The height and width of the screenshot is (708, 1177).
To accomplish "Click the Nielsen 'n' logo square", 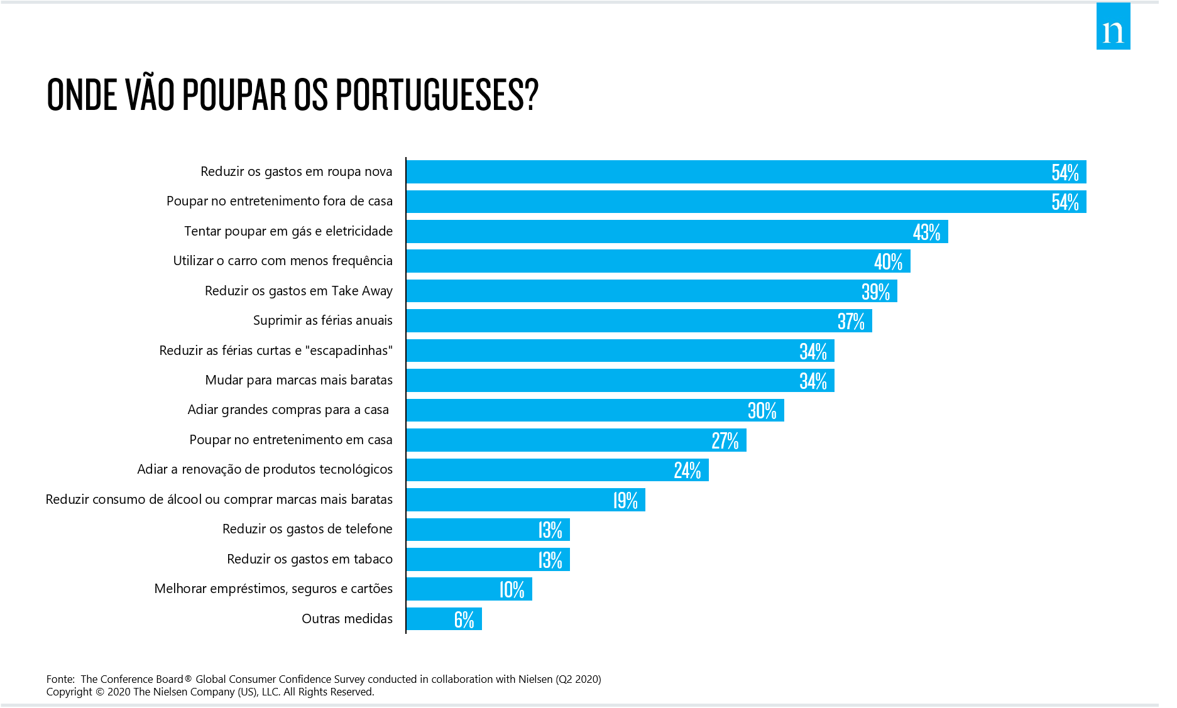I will coord(1113,27).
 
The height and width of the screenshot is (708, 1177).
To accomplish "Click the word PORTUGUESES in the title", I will coord(437,95).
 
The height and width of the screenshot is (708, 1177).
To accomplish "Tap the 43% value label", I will coord(926,232).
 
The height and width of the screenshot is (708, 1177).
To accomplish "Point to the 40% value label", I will coord(888,262).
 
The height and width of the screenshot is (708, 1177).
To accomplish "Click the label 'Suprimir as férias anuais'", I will coord(322,320).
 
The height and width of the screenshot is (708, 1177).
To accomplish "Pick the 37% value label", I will coord(851,322).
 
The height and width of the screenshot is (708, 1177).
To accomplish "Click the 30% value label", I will coord(762,411).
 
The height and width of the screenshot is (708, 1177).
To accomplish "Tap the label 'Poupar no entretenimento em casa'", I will coord(290,440).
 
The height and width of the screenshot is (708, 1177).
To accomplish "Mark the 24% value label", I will coord(687,471).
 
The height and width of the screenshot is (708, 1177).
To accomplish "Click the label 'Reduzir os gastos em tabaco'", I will coord(309,559).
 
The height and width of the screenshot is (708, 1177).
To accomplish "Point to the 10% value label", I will coord(512,590).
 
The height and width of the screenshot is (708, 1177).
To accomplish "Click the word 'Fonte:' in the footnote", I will coord(60,679).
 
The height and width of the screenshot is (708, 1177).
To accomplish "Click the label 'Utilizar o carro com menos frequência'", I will coord(282,261).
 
